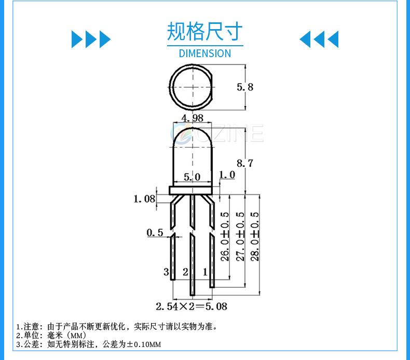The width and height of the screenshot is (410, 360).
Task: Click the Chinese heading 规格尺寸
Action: pyautogui.click(x=204, y=32)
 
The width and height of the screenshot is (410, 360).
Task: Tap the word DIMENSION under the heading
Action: pyautogui.click(x=204, y=53)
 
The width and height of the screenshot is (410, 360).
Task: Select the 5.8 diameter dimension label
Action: pyautogui.click(x=245, y=87)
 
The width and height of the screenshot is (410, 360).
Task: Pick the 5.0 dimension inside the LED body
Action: pyautogui.click(x=192, y=177)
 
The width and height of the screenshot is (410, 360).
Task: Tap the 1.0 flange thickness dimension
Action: pyautogui.click(x=227, y=175)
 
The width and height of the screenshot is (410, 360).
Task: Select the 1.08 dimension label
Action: pyautogui.click(x=144, y=198)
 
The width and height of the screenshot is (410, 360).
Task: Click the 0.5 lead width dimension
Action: pyautogui.click(x=155, y=232)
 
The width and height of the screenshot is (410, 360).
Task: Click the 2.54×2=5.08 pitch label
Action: pyautogui.click(x=192, y=306)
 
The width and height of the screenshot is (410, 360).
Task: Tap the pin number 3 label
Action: pyautogui.click(x=166, y=272)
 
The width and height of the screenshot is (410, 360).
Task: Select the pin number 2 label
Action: pyautogui.click(x=185, y=272)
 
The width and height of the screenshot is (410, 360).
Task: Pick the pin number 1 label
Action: pyautogui.click(x=205, y=272)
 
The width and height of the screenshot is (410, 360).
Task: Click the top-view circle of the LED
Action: pyautogui.click(x=193, y=87)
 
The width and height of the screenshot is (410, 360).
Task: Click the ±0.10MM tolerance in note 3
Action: pyautogui.click(x=143, y=344)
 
